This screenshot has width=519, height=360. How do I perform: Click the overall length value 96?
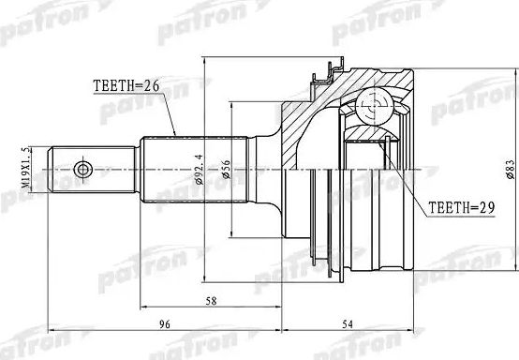pos(163,327)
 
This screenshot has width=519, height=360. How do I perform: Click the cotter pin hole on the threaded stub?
pos(84,170)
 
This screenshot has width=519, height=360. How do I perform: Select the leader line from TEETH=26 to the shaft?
pos(170,114)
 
